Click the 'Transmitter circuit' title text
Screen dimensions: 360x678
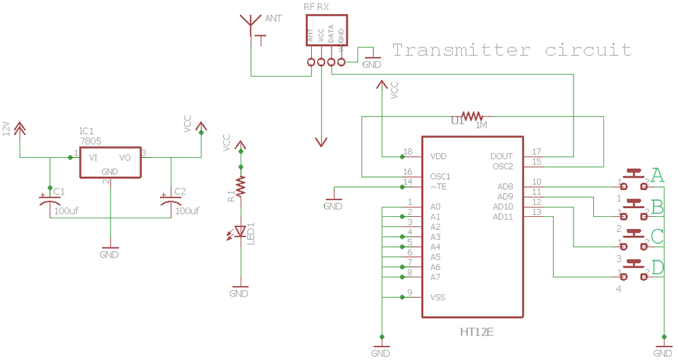click(512, 50)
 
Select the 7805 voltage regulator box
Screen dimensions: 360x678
click(110, 162)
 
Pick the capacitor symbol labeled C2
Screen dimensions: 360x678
click(170, 199)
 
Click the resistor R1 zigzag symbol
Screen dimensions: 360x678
click(239, 184)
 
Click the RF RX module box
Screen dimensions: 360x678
click(325, 31)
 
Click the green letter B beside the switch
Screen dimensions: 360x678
click(657, 206)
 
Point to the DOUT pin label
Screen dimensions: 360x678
click(502, 157)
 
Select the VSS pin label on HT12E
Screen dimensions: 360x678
click(438, 298)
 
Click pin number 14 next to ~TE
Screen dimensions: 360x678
click(407, 182)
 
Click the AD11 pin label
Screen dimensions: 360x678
click(502, 217)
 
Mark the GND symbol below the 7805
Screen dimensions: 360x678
click(109, 252)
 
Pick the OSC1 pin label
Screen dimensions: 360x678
click(441, 176)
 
